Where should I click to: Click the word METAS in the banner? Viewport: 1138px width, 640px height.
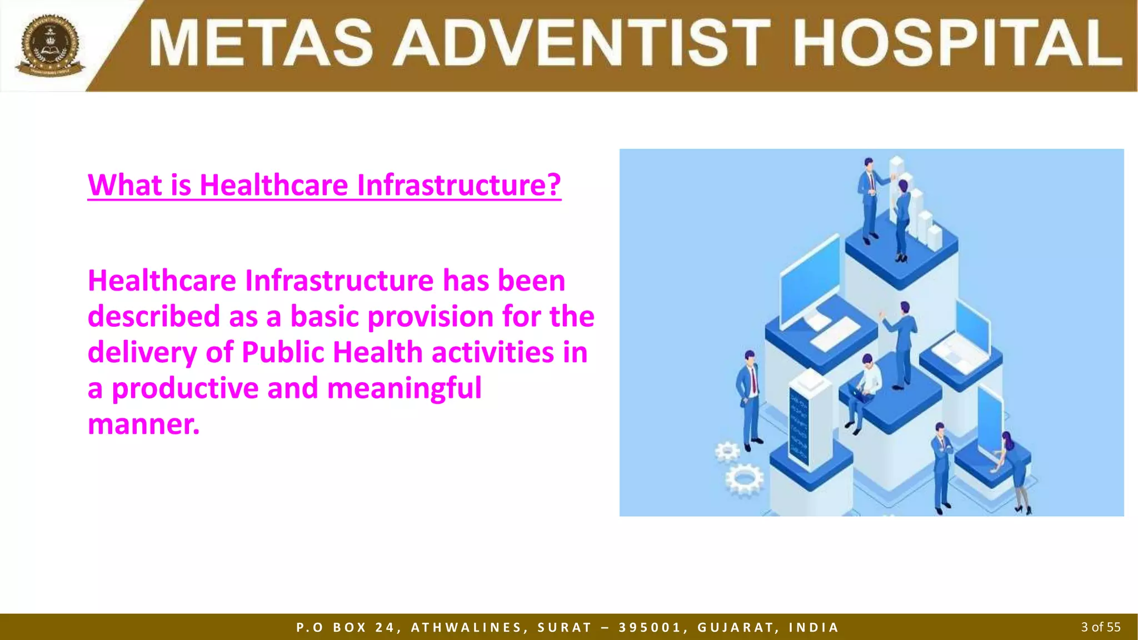coord(261,43)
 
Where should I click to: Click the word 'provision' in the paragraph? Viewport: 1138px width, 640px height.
coord(431,317)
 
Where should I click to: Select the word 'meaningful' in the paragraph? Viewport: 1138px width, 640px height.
coord(404,388)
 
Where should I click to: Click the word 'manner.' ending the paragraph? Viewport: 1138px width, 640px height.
coord(143,424)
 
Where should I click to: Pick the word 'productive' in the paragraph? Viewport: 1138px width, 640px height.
coord(185,388)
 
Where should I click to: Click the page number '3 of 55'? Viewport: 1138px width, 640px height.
coord(1100,627)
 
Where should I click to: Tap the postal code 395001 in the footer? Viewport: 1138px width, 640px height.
coord(650,628)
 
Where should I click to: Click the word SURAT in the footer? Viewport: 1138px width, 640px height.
coord(565,628)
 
